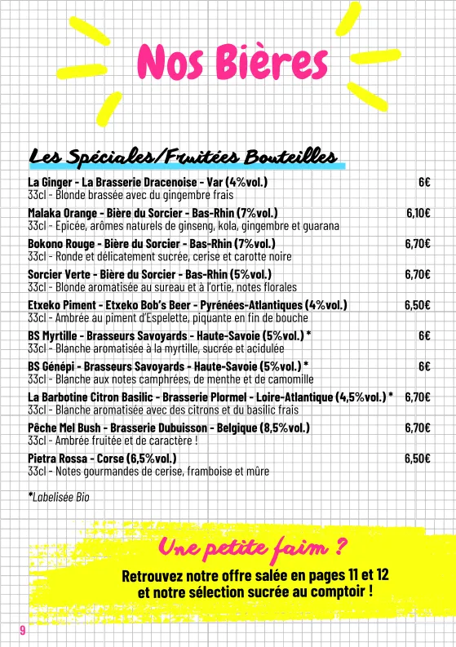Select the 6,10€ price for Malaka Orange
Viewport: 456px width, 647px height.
tap(418, 213)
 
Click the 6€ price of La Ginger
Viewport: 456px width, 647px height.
tap(424, 182)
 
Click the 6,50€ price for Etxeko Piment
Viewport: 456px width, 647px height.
tap(418, 305)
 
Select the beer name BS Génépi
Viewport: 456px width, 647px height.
tap(51, 366)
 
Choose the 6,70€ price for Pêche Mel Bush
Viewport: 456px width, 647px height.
tap(418, 428)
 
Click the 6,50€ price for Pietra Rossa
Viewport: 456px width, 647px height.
tap(418, 458)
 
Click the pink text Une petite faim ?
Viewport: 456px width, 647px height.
tap(254, 546)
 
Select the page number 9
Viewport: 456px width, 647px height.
tap(23, 629)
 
